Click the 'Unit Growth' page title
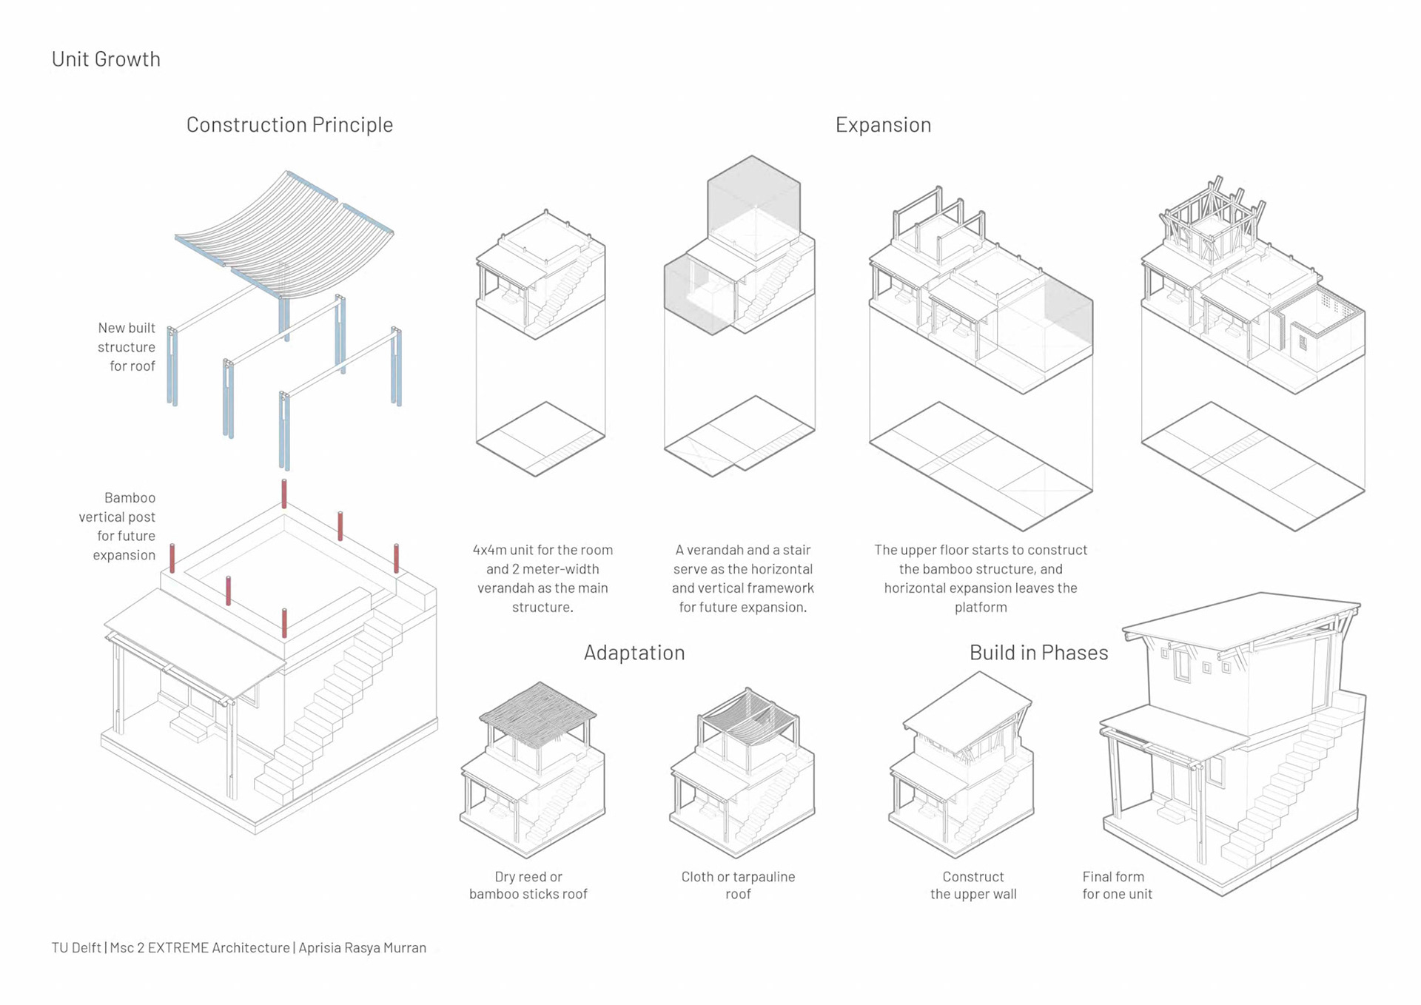point(106,59)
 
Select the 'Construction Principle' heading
point(289,124)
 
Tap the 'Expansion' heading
point(883,124)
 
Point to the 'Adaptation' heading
point(634,652)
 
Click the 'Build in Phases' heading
point(1038,652)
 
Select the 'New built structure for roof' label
point(127,346)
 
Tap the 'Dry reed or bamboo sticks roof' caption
point(528,885)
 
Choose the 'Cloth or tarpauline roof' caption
point(738,885)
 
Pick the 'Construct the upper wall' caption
point(973,885)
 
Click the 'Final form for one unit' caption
point(1117,885)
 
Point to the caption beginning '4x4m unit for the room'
point(542,578)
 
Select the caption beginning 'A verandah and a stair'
point(742,578)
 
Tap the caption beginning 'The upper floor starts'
point(981,578)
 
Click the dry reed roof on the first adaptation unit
point(538,713)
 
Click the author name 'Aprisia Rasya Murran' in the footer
point(362,947)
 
